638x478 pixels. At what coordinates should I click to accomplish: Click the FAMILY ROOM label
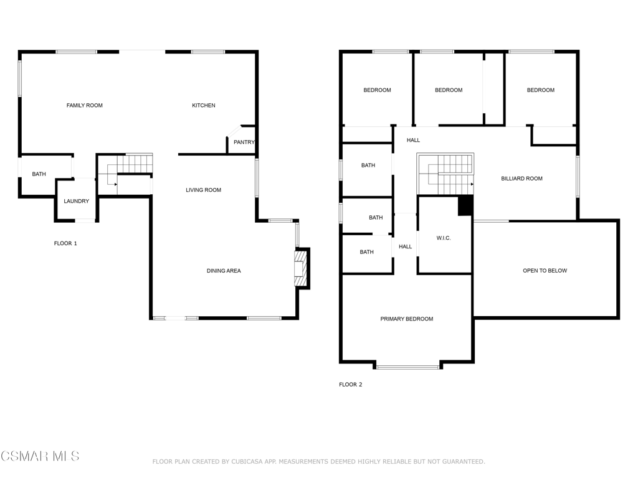[x=85, y=105]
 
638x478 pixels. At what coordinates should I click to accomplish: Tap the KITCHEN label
[x=204, y=105]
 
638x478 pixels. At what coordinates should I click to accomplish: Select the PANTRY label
[x=244, y=142]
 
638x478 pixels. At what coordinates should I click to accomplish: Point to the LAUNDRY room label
[x=76, y=201]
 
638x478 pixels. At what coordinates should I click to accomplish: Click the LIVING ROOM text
[x=204, y=190]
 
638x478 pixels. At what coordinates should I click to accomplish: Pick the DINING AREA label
[x=224, y=271]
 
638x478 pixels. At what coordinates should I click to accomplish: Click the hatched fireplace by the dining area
[x=300, y=268]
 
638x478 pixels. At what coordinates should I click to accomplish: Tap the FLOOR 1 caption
[x=65, y=243]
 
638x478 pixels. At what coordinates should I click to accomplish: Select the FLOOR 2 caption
[x=350, y=384]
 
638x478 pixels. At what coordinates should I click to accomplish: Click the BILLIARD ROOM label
[x=521, y=179]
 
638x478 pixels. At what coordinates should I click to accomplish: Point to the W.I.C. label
[x=444, y=238]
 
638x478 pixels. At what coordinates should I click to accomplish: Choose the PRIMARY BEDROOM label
[x=406, y=319]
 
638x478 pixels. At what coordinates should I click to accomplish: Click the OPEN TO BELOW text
[x=545, y=270]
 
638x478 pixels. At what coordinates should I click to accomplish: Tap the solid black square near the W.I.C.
[x=465, y=205]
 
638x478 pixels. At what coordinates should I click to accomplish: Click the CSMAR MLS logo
[x=40, y=456]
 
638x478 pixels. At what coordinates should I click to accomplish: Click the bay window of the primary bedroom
[x=407, y=367]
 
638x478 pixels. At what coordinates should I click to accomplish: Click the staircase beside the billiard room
[x=445, y=174]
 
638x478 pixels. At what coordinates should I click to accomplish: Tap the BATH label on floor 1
[x=39, y=174]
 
